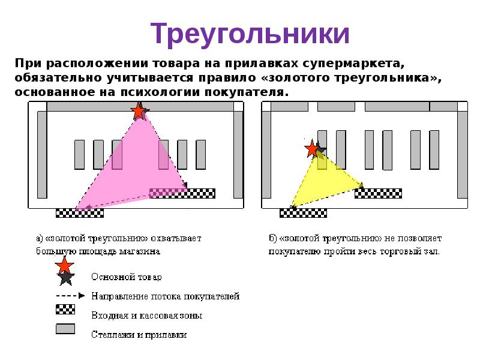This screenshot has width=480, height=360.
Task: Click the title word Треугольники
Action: (x=249, y=34)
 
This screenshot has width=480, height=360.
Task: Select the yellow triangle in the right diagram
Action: (x=325, y=181)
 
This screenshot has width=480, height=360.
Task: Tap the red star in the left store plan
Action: (x=139, y=111)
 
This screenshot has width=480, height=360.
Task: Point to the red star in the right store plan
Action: (x=312, y=149)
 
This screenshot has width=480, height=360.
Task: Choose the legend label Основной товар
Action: (x=126, y=277)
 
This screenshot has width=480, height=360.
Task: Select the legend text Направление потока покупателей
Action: (x=166, y=296)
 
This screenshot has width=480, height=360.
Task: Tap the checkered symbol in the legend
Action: (x=65, y=310)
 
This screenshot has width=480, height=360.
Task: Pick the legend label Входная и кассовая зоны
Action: (x=146, y=315)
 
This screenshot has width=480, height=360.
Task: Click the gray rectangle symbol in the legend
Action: (x=65, y=329)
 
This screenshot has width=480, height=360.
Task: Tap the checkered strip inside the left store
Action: (x=182, y=193)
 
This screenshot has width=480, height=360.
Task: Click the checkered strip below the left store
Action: (x=79, y=212)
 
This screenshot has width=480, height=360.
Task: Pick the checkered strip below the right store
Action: (x=303, y=212)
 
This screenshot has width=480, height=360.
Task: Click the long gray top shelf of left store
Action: (x=140, y=107)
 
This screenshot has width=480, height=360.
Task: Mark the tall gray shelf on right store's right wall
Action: (x=462, y=155)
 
